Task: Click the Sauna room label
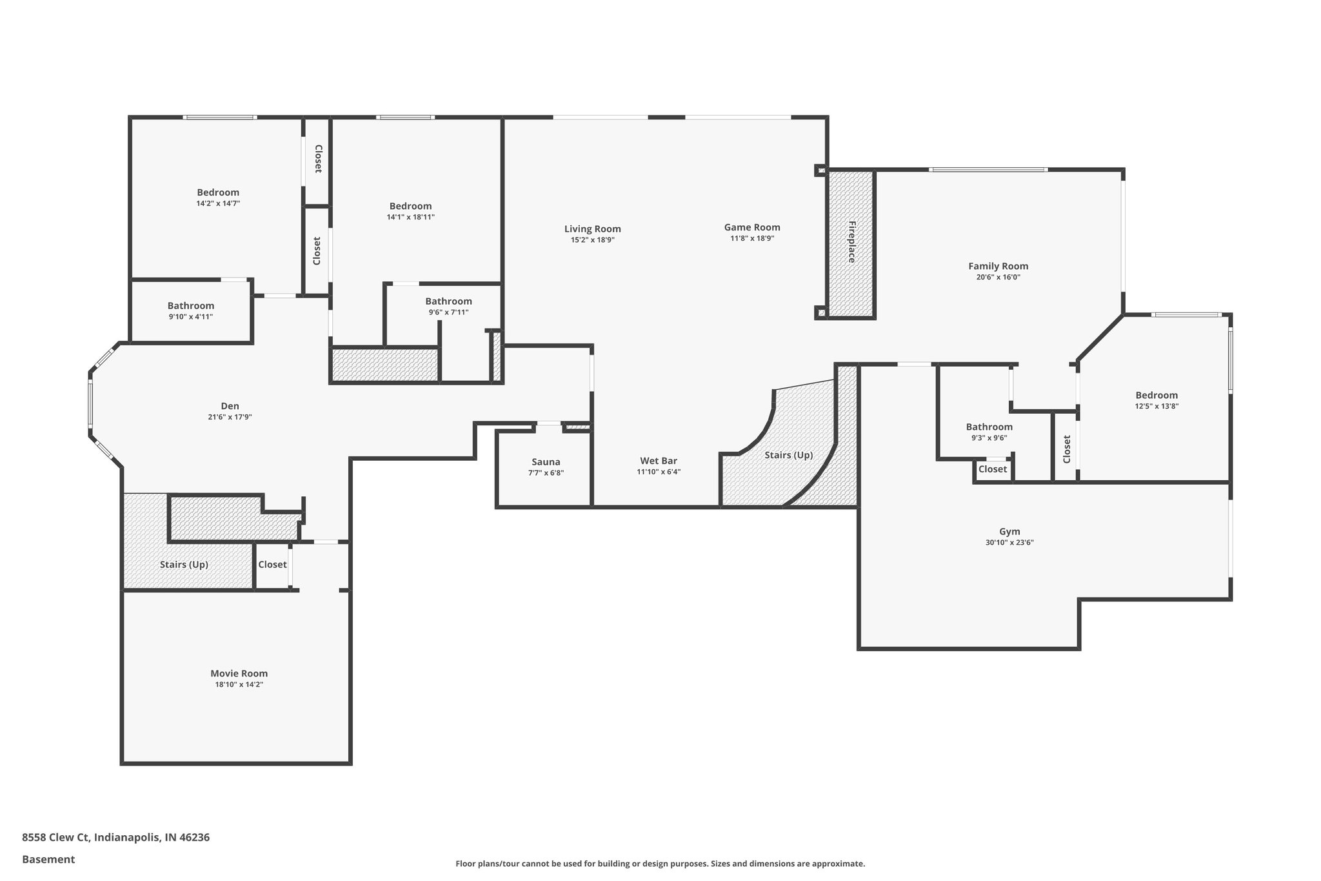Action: (546, 462)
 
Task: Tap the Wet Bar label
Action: (658, 461)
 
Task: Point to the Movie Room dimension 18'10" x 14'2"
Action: (239, 685)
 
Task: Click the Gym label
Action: (1009, 532)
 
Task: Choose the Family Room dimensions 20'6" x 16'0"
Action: (998, 278)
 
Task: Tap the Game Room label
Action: (751, 227)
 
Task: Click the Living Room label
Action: (592, 229)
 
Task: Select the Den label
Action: (230, 406)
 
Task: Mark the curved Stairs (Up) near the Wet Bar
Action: (788, 455)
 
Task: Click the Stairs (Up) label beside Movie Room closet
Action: (184, 565)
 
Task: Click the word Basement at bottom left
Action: (48, 859)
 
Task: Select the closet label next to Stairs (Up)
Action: (272, 565)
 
